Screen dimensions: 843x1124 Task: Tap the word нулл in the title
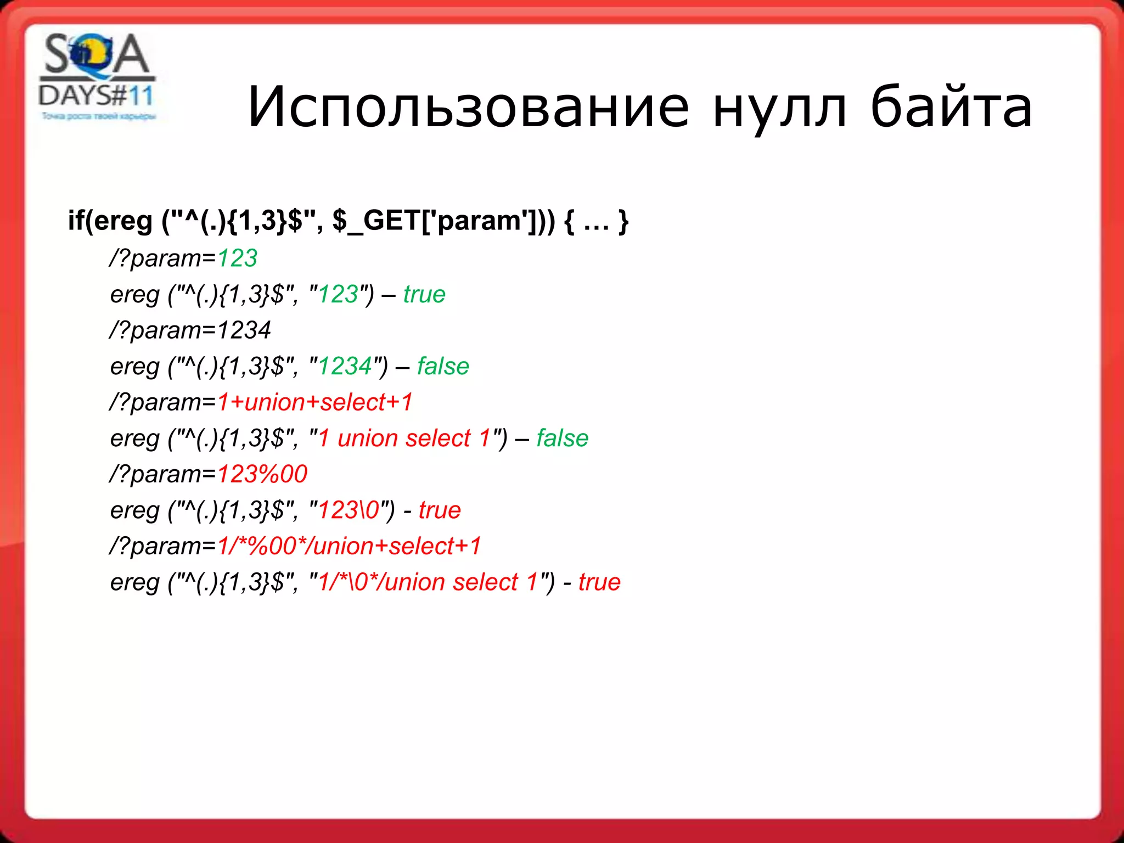coord(779,108)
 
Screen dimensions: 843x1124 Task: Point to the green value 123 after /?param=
coord(237,258)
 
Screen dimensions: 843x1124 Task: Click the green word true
coord(424,294)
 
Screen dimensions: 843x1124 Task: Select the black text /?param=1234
coord(190,330)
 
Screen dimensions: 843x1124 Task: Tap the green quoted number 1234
coord(345,366)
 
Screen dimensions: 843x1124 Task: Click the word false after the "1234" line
coord(443,366)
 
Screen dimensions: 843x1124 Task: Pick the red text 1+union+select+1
coord(314,402)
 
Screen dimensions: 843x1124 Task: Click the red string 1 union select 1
coord(404,439)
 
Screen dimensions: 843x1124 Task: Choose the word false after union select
coord(562,439)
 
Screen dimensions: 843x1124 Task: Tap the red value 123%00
coord(262,474)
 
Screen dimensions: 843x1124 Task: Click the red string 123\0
coord(349,510)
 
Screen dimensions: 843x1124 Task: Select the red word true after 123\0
coord(440,510)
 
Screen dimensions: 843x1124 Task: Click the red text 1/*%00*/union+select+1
coord(349,546)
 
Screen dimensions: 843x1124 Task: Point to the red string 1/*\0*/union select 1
coord(428,582)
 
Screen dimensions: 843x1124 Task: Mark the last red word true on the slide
coord(599,582)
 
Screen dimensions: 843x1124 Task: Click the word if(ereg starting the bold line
coord(110,221)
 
